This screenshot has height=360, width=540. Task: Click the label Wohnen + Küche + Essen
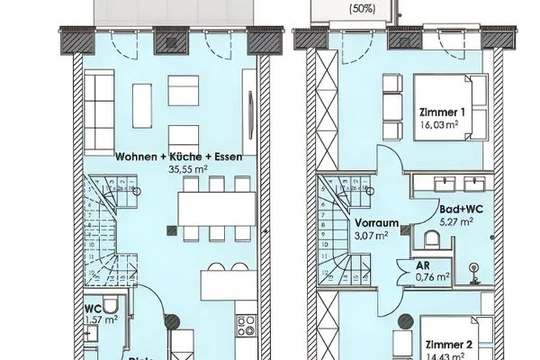point(179,156)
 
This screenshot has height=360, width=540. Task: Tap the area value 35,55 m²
point(180,166)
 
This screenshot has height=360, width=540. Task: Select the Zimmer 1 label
point(445,112)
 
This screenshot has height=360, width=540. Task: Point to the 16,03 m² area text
point(445,125)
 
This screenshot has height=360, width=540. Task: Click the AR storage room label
point(421,266)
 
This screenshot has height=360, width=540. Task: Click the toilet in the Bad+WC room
point(431,238)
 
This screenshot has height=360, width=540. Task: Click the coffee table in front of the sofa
point(141,102)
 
